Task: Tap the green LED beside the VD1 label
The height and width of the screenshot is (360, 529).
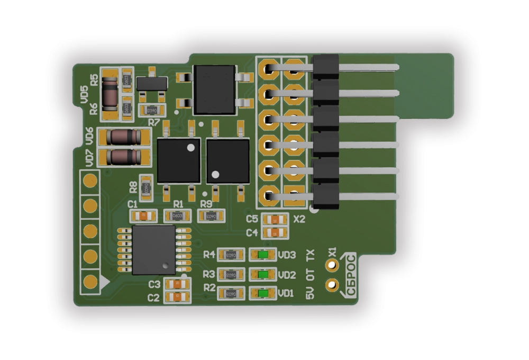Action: point(263,293)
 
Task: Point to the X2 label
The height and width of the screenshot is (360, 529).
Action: point(299,219)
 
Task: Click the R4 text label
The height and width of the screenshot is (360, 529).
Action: point(209,255)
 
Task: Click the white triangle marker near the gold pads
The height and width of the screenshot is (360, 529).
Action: point(105,283)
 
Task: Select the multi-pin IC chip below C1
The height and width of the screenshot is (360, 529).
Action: point(153,249)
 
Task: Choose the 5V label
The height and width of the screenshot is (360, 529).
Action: point(311,293)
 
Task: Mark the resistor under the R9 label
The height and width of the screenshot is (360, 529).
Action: point(211,215)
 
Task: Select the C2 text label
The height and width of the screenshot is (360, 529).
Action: point(153,298)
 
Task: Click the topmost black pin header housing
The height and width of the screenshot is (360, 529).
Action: point(325,67)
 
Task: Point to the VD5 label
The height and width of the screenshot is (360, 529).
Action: point(84,95)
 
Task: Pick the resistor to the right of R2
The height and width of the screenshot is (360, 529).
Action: point(230,293)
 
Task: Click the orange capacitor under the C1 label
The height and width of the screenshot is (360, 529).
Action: point(144,215)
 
